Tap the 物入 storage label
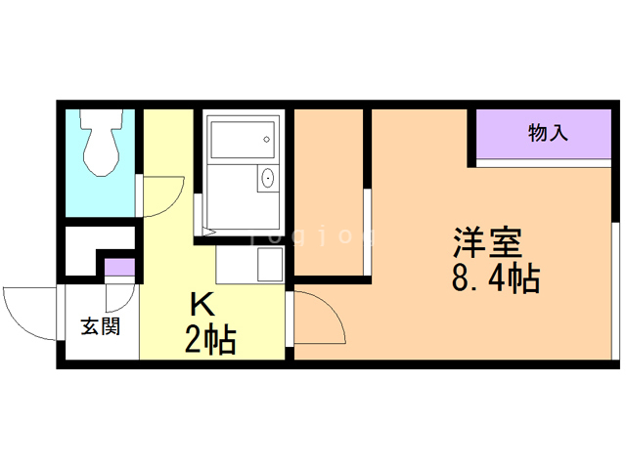548,133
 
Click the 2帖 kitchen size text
209,341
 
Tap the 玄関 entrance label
100,326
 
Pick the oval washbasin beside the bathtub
266,179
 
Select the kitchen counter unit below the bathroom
249,264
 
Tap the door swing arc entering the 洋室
321,319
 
